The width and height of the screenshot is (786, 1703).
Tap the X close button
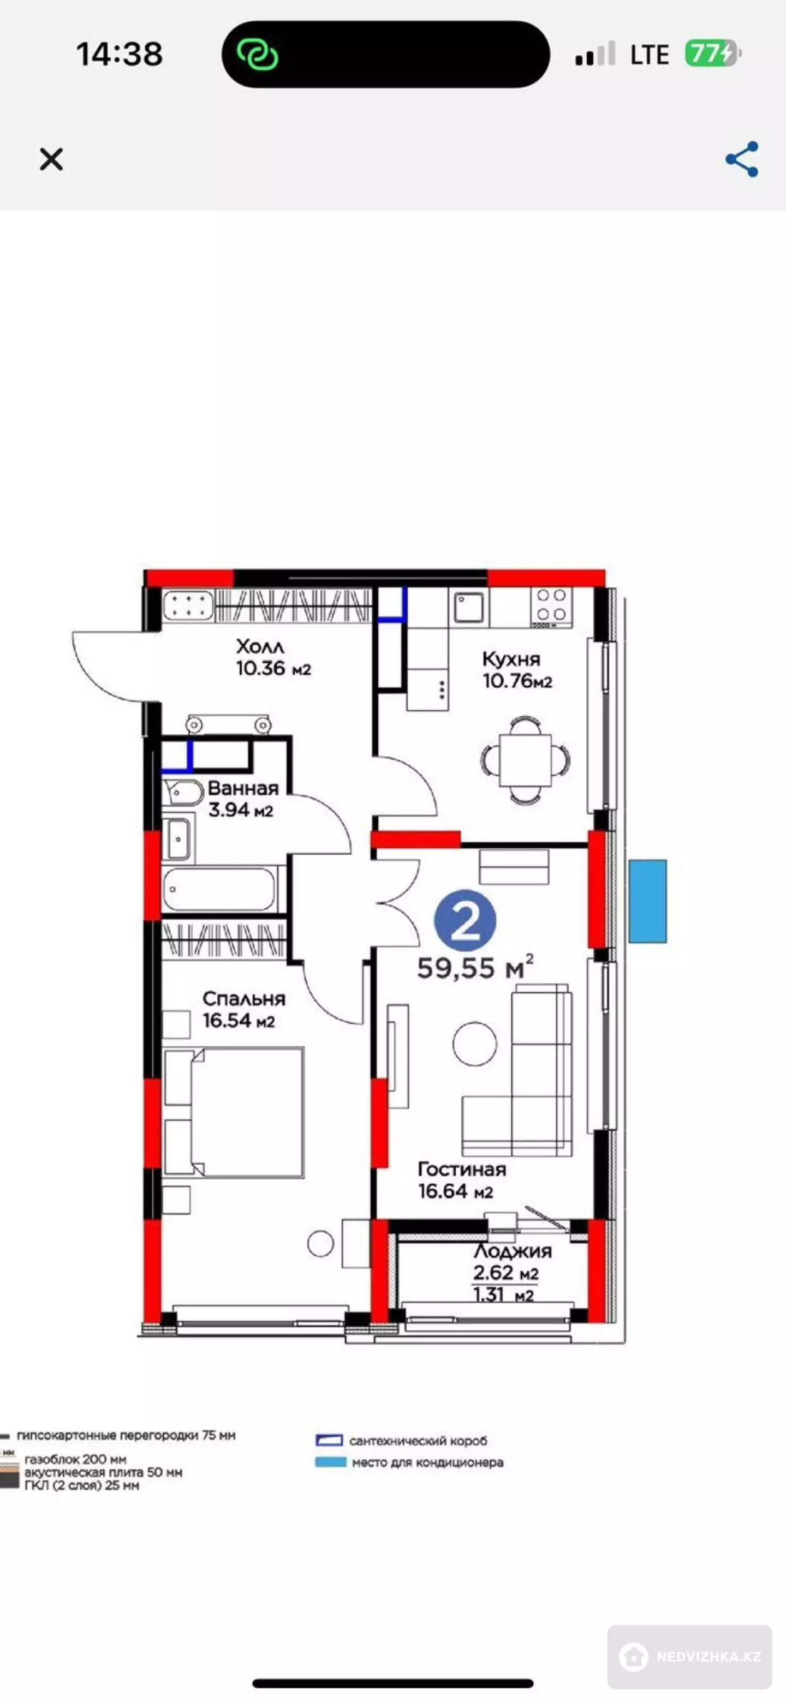[51, 159]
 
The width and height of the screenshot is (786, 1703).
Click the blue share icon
[742, 159]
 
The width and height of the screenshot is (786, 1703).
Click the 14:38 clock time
[119, 54]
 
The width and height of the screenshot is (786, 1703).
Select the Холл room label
[260, 646]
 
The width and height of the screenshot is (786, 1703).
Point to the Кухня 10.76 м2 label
[517, 670]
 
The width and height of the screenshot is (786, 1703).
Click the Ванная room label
[243, 788]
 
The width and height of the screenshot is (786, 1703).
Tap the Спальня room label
[243, 999]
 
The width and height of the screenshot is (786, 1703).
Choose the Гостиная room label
[462, 1170]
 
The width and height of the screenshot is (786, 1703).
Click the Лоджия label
[513, 1251]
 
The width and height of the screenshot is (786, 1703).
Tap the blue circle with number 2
[465, 921]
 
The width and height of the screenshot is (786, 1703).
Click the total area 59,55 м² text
[475, 967]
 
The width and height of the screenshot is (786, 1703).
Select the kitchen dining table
[525, 760]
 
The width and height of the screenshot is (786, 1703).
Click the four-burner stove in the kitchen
[551, 607]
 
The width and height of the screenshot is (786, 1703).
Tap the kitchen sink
[468, 607]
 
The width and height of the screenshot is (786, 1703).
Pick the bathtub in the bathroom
[219, 889]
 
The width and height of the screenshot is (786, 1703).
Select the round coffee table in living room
[474, 1044]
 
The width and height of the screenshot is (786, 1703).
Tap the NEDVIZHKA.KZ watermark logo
[689, 1657]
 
